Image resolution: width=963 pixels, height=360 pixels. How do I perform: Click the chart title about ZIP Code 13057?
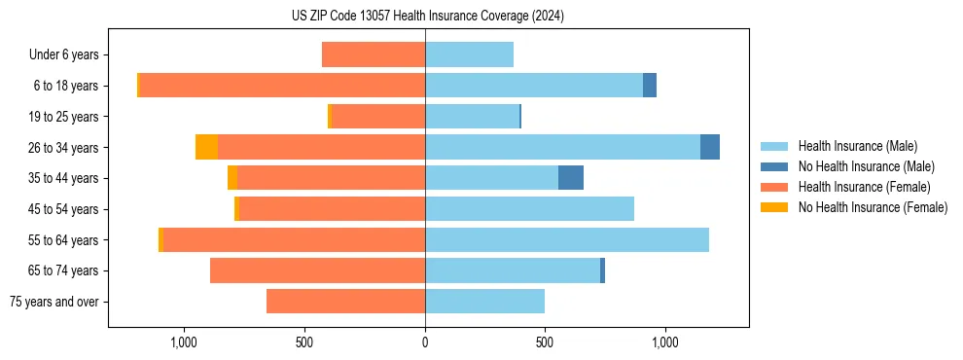pos(427,16)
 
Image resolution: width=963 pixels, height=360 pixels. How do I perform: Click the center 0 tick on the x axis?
pos(425,342)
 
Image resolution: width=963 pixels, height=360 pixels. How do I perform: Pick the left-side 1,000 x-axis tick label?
pos(184,342)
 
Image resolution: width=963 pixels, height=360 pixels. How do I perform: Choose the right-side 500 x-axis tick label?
pos(545,342)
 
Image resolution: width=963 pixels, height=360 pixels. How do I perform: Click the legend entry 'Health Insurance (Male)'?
pos(857,146)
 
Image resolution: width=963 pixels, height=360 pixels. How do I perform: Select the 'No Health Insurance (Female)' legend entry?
pos(873,207)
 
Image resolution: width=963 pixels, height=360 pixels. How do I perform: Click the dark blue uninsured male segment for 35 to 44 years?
pos(571,178)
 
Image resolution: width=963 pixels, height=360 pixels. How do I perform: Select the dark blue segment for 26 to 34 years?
pos(710,147)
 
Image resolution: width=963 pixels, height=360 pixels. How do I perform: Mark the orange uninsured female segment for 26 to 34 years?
pos(206,147)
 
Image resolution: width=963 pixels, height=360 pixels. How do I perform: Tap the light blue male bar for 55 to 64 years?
pos(567,239)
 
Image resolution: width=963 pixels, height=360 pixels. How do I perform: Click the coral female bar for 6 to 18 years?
pos(282,86)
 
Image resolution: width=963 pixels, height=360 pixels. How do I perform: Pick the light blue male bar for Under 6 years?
pos(469,54)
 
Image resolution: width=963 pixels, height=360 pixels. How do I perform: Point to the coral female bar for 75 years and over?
pos(345,302)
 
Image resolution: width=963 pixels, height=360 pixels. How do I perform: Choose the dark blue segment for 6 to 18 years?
pos(650,86)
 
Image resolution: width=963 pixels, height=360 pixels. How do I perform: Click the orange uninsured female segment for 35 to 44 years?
pos(232,178)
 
